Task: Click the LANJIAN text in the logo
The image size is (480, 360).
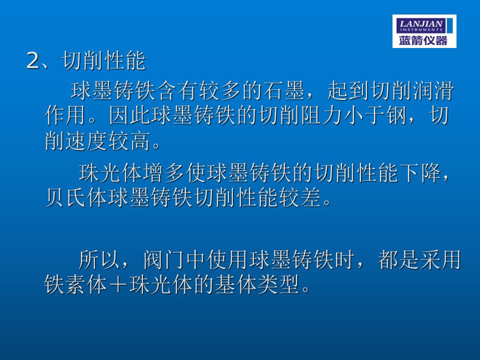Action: (421, 23)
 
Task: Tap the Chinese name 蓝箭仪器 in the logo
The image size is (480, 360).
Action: (423, 40)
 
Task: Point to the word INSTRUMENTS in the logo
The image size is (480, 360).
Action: (421, 29)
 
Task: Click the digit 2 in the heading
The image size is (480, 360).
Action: (33, 60)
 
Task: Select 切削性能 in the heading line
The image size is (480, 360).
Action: (103, 60)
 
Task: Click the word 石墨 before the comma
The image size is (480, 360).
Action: (283, 91)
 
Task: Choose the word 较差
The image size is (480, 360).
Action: (300, 197)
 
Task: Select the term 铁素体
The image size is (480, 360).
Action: (75, 284)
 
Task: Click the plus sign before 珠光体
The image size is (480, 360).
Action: (118, 284)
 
